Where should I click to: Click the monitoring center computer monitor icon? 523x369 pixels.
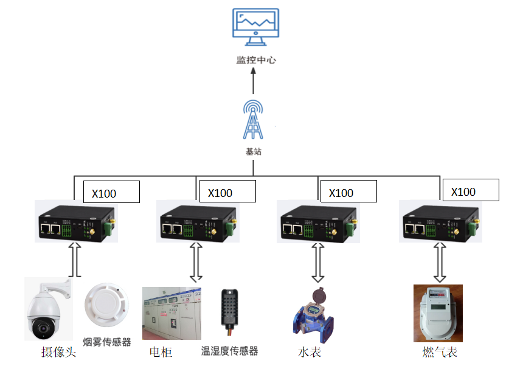[x=256, y=28]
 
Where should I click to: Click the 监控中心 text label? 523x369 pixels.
[x=256, y=61]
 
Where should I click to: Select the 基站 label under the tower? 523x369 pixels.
[x=254, y=151]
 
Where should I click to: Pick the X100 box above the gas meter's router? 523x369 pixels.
[x=471, y=190]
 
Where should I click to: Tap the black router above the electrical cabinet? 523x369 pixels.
[x=196, y=223]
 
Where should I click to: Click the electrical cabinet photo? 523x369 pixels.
[x=171, y=313]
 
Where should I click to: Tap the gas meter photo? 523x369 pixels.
[x=438, y=313]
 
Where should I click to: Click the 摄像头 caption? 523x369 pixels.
[x=58, y=352]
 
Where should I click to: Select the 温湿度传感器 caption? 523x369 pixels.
[x=230, y=351]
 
